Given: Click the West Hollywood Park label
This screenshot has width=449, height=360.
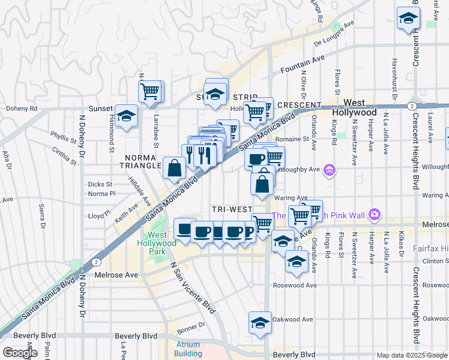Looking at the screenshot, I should pos(157,242).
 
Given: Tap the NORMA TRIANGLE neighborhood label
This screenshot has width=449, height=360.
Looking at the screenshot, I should pos(142,161).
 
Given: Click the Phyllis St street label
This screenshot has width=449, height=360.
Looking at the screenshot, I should pos(64,137).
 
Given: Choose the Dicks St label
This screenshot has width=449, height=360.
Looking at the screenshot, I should pos(100,184).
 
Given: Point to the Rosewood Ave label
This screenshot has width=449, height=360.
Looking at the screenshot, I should pos(294,285).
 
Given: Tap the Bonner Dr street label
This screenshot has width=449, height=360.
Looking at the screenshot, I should pos(191,325).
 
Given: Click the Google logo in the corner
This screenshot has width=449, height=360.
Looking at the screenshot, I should pos(20,353).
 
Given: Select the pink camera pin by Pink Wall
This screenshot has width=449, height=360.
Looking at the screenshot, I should pos(375,214).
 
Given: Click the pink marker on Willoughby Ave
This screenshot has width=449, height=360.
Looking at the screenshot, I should pos(328,171).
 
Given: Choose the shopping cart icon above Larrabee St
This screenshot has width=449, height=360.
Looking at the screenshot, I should pos(149,91).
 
